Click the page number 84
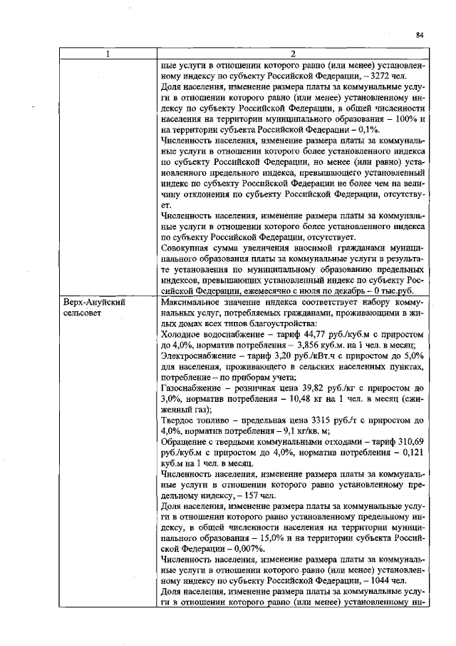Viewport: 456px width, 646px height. pyautogui.click(x=420, y=34)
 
